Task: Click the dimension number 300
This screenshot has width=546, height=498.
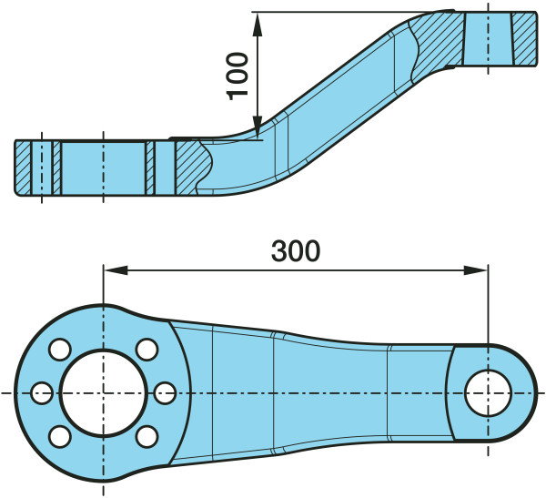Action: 296,251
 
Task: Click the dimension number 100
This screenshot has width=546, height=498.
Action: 238,76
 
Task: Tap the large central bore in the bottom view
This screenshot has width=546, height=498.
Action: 103,392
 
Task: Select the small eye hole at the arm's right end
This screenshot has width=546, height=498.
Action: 488,392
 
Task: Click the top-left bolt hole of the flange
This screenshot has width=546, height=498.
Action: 60,350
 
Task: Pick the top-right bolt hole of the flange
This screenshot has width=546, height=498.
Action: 147,350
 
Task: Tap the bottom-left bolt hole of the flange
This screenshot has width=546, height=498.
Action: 60,437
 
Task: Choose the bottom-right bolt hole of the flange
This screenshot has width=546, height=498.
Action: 147,437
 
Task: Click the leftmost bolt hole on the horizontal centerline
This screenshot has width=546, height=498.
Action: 42,392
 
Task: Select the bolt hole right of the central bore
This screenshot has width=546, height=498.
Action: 165,392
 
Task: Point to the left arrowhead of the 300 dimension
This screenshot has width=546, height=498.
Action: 116,270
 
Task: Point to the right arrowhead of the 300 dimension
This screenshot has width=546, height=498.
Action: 476,270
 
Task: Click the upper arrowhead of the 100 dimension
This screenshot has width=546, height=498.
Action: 257,25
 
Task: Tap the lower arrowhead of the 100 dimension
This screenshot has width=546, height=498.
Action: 257,127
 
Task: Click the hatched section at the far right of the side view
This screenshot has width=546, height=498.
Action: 523,38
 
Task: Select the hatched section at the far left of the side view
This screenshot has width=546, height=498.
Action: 23,168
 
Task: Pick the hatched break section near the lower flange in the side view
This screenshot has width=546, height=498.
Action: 194,167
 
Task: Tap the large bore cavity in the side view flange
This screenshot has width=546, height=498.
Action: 104,168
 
